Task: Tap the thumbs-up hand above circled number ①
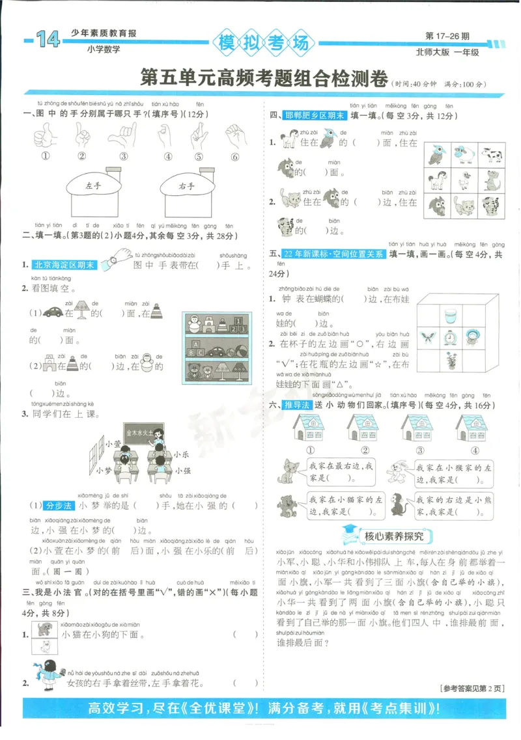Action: click(x=46, y=135)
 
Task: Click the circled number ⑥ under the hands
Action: click(x=234, y=156)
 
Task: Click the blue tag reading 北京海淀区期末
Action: click(x=64, y=265)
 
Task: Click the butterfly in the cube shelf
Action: click(x=429, y=337)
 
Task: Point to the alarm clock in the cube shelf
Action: click(x=450, y=337)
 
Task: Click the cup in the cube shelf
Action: click(x=450, y=316)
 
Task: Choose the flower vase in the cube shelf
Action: click(x=450, y=359)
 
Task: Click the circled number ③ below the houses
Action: click(x=420, y=450)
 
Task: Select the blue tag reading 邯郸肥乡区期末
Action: click(x=315, y=115)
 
